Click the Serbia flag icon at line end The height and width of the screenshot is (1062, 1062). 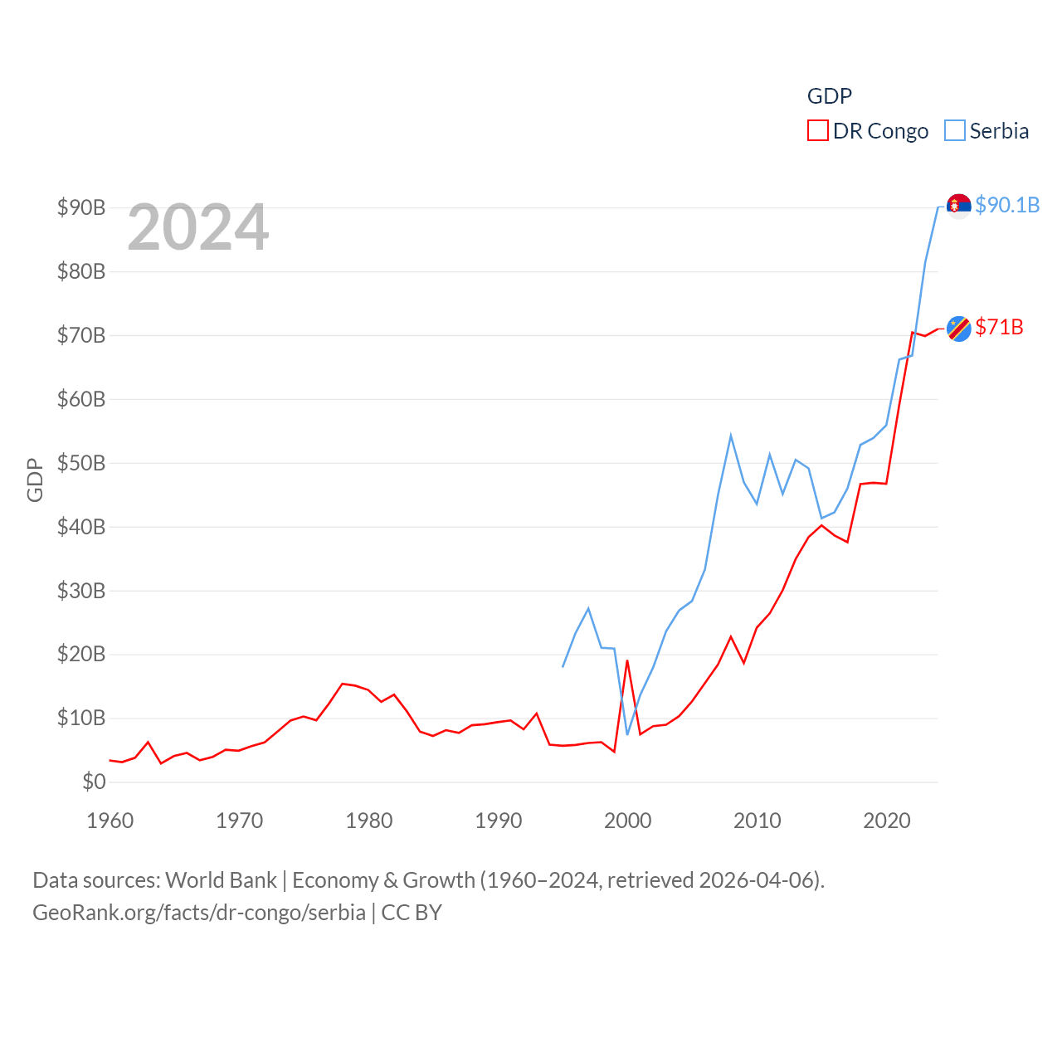(x=958, y=205)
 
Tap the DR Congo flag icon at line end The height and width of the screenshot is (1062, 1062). (x=958, y=329)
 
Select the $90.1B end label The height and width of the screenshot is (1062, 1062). (x=1007, y=205)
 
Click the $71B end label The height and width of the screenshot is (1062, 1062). (x=999, y=327)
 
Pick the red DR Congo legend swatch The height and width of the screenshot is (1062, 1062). (x=817, y=131)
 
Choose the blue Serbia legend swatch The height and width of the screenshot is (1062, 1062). (x=955, y=131)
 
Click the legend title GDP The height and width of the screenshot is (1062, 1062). (x=829, y=96)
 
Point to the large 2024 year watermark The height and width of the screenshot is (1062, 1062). (x=198, y=227)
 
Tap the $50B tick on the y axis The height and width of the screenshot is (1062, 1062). (x=81, y=463)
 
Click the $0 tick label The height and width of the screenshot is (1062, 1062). (x=94, y=782)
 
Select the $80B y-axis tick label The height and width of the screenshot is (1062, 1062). (x=81, y=271)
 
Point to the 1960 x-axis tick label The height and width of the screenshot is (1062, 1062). (x=110, y=821)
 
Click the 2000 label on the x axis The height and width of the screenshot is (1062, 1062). (x=627, y=821)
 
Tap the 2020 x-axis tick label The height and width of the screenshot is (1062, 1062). (x=886, y=821)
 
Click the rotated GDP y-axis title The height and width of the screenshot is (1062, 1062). (x=35, y=480)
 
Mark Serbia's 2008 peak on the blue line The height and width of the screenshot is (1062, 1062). (x=731, y=436)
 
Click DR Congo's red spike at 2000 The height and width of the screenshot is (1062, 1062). (x=627, y=661)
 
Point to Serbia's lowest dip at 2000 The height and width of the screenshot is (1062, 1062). (x=627, y=733)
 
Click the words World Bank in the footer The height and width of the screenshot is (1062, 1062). (x=221, y=879)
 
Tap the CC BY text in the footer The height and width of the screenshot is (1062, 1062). (x=412, y=913)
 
